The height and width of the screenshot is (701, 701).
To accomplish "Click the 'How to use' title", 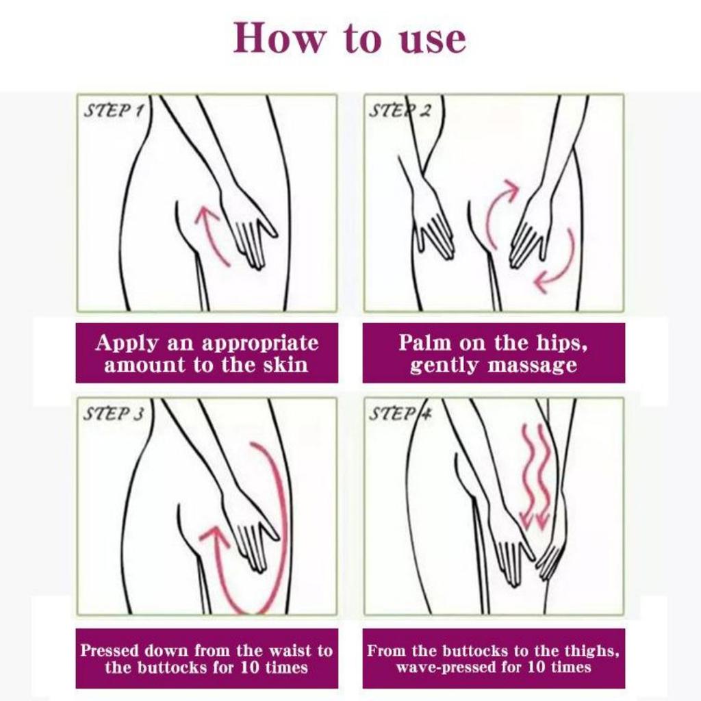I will click(x=350, y=38).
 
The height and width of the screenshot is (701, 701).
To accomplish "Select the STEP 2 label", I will click(x=399, y=111).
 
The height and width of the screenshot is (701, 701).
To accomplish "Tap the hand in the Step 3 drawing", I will click(x=250, y=531).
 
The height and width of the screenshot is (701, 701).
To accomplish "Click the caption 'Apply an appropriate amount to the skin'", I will click(x=207, y=353).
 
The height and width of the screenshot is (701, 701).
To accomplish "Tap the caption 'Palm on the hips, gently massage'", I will click(x=493, y=353).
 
